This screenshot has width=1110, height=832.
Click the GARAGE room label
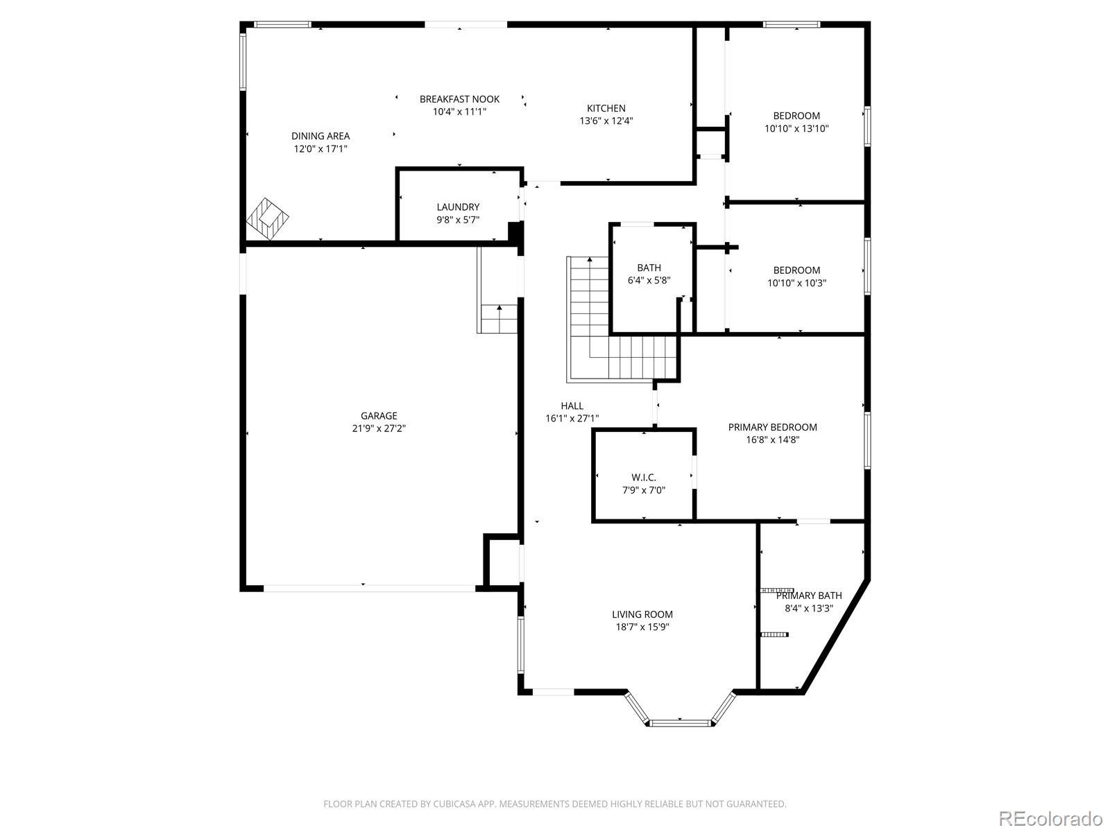[379, 416]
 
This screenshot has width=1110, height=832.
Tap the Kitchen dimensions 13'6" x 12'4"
[606, 121]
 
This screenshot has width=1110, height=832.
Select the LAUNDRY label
[458, 207]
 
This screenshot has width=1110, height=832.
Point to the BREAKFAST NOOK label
[460, 99]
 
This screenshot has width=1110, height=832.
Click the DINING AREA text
[321, 136]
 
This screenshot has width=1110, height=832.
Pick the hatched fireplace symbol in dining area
[268, 219]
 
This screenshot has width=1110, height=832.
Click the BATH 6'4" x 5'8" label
[649, 274]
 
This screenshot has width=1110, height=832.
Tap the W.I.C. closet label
[644, 478]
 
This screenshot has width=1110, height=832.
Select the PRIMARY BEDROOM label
[773, 427]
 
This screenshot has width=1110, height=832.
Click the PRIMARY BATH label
[809, 596]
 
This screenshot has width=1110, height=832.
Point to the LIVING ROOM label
[642, 614]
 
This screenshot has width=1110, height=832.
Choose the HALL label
[572, 406]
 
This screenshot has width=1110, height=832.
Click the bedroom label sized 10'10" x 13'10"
[796, 122]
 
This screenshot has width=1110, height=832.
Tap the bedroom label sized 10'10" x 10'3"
[796, 277]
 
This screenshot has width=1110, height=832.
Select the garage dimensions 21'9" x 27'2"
[379, 428]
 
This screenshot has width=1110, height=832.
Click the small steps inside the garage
[499, 319]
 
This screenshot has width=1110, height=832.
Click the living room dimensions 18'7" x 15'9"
[642, 627]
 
